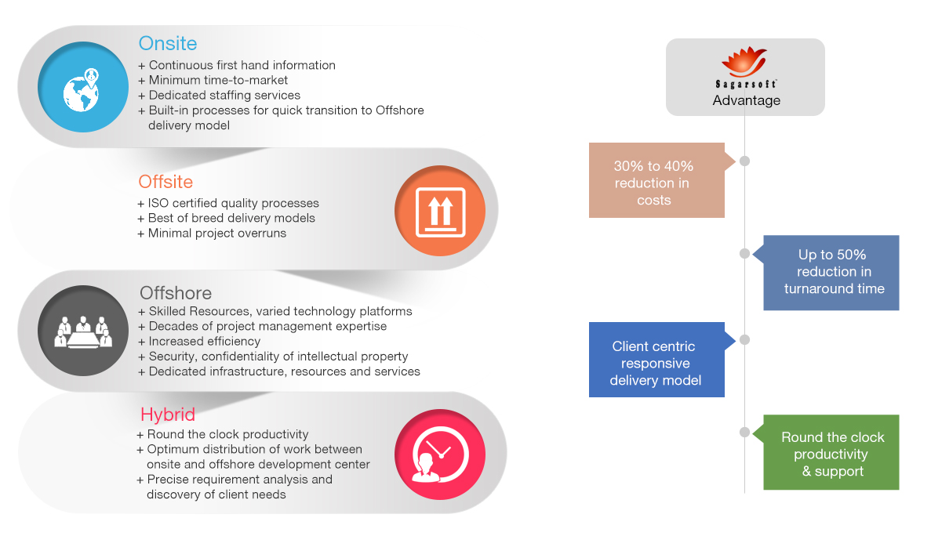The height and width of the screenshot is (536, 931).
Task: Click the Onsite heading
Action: (x=167, y=43)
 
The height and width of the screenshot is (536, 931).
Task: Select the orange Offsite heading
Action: (x=165, y=182)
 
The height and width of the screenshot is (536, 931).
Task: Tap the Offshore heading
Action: (x=176, y=293)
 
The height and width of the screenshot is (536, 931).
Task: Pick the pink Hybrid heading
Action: (x=167, y=415)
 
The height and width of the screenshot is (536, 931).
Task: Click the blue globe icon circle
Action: (x=83, y=86)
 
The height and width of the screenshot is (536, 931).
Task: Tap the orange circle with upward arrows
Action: (x=440, y=211)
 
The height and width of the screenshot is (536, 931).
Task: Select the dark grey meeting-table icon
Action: (x=83, y=331)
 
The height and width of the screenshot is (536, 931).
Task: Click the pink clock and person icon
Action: (x=440, y=455)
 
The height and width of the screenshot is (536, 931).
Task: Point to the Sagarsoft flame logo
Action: (x=744, y=62)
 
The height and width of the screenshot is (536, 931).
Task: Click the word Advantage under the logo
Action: (x=747, y=100)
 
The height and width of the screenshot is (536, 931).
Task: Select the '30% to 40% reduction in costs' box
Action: (x=656, y=180)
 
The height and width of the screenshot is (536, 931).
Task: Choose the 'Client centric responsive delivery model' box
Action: (x=656, y=360)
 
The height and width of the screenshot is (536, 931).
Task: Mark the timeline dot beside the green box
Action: (x=744, y=433)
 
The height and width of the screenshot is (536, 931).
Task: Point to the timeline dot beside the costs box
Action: (x=744, y=161)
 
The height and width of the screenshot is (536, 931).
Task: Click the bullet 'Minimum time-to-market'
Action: (x=213, y=80)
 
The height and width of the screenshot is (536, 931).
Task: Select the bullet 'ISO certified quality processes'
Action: (x=228, y=204)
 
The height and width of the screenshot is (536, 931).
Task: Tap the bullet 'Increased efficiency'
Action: (x=199, y=342)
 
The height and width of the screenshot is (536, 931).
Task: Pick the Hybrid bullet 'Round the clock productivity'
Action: (x=223, y=435)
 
